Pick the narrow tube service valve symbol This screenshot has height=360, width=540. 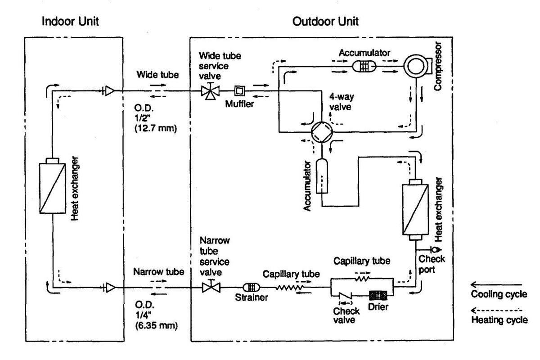[208, 286]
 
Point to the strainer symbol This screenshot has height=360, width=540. [250, 287]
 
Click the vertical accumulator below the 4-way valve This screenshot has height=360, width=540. [323, 176]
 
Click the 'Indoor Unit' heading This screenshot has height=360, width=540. [71, 22]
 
